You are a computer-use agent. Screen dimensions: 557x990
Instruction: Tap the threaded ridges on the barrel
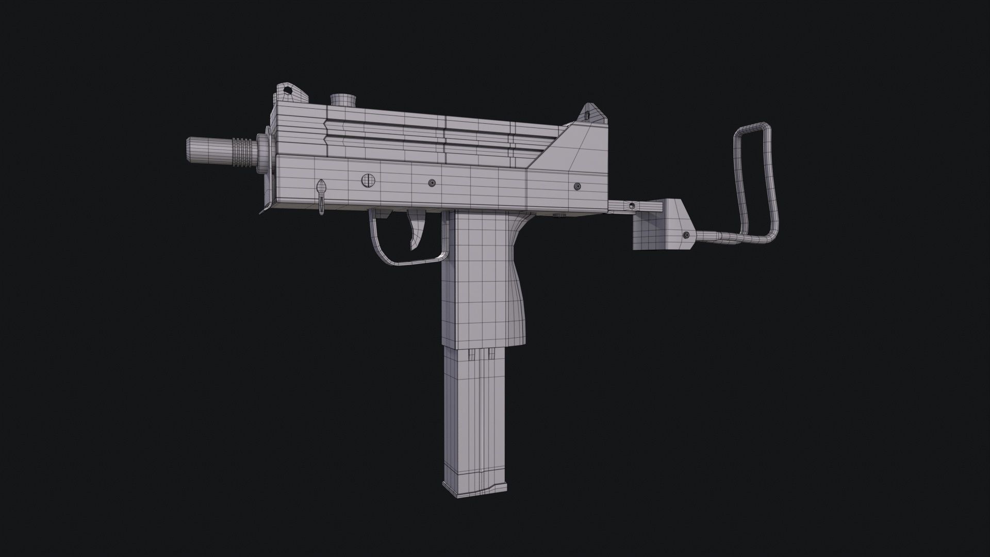click(x=243, y=152)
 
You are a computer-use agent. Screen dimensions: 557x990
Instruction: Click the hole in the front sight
click(x=287, y=91)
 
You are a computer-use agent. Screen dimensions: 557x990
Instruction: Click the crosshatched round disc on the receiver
click(x=368, y=180)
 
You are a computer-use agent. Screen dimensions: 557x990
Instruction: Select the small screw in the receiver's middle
click(x=432, y=183)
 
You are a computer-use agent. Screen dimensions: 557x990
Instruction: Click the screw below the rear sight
click(x=577, y=186)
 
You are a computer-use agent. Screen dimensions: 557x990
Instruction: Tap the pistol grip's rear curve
click(x=521, y=289)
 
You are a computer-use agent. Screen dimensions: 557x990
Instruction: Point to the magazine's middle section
click(x=472, y=413)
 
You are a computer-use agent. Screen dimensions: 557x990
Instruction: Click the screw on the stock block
click(x=686, y=235)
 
